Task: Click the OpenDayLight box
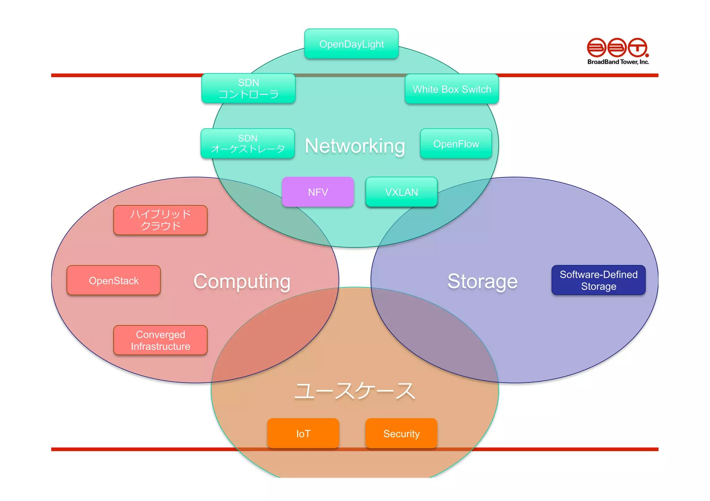351,44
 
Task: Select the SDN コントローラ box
248,88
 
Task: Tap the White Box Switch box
452,89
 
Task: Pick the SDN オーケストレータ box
248,144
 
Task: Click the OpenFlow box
456,144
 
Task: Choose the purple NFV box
318,192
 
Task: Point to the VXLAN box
401,192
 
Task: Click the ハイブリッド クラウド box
160,220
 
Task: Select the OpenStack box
114,280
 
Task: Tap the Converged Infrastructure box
160,340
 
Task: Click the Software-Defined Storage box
598,280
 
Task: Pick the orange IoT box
303,433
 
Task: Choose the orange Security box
401,433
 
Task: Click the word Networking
355,146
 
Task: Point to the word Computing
242,281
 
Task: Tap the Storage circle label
482,281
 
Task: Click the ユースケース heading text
354,391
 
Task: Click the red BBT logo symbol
617,48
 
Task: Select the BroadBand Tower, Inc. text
618,62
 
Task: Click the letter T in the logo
638,48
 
